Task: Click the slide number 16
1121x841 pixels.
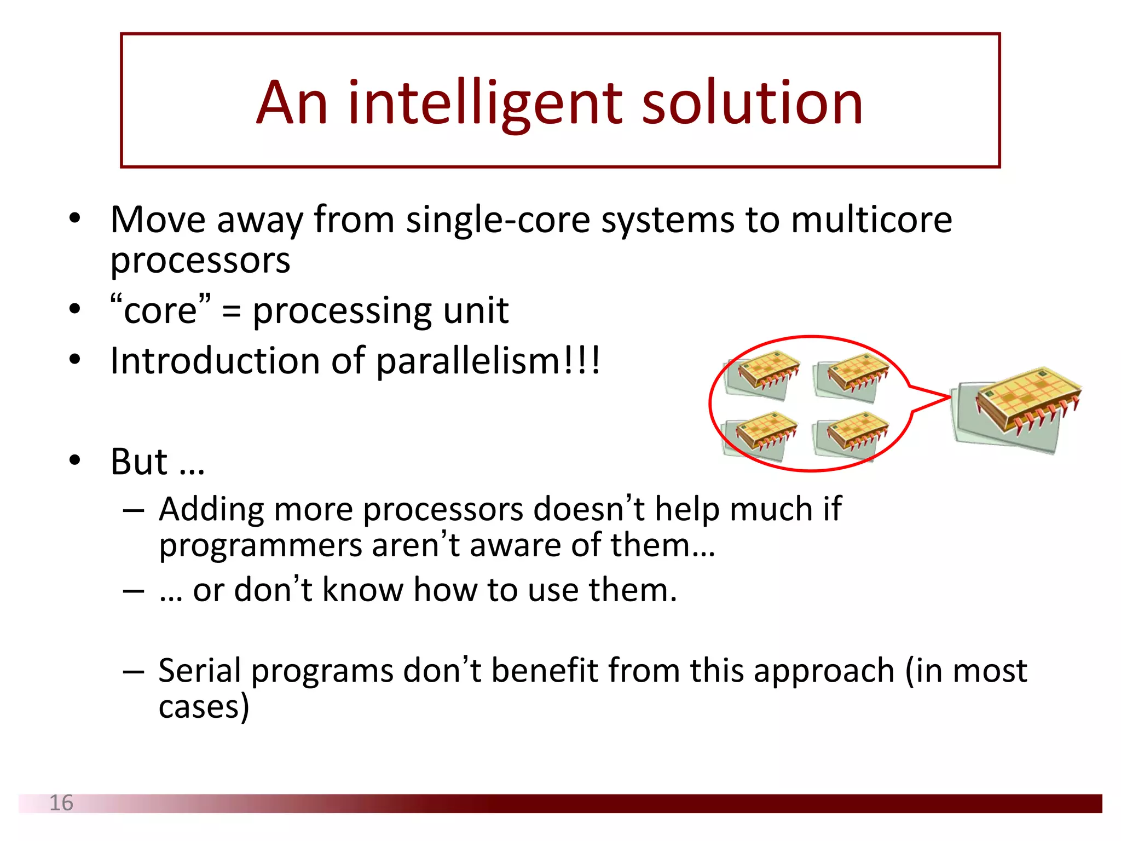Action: (61, 803)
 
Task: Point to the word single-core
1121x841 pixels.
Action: (498, 220)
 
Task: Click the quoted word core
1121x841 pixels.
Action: (160, 311)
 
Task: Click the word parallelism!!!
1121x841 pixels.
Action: (488, 361)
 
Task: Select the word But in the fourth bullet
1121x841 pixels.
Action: (138, 462)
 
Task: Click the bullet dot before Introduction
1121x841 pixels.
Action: (75, 360)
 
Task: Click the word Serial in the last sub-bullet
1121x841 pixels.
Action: (199, 670)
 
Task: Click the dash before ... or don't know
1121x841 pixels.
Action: (133, 591)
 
